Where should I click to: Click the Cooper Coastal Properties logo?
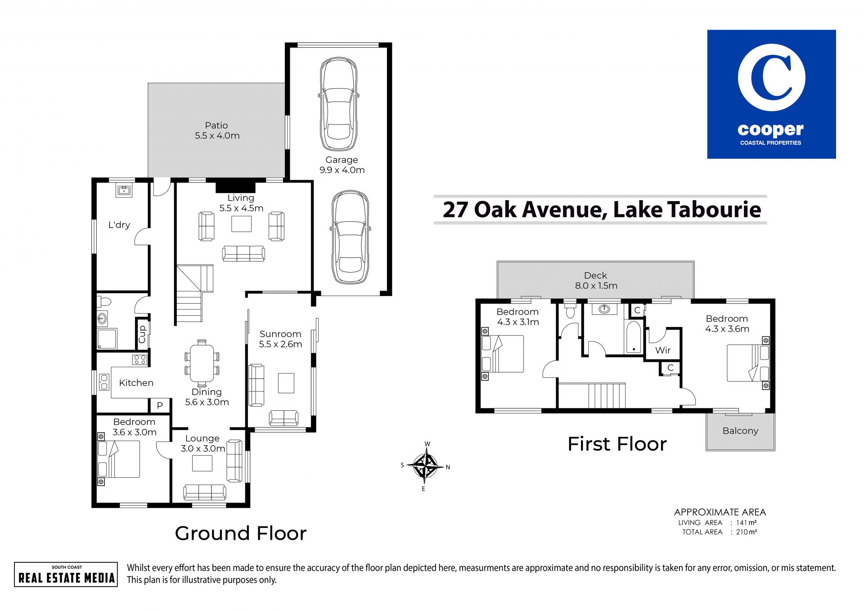771,94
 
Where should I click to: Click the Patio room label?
216,126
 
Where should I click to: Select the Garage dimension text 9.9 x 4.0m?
342,170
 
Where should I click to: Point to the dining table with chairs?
202,362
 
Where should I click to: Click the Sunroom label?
280,334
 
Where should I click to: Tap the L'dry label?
119,224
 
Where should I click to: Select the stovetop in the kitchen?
139,359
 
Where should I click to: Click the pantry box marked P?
160,405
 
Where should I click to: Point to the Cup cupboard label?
143,334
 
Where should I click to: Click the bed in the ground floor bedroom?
119,459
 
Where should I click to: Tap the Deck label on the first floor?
595,275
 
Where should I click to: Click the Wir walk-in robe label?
663,350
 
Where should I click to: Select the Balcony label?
740,431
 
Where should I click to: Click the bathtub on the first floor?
634,337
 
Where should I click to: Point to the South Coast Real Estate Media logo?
66,574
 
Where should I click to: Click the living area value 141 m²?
746,523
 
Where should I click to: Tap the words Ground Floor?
241,534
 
